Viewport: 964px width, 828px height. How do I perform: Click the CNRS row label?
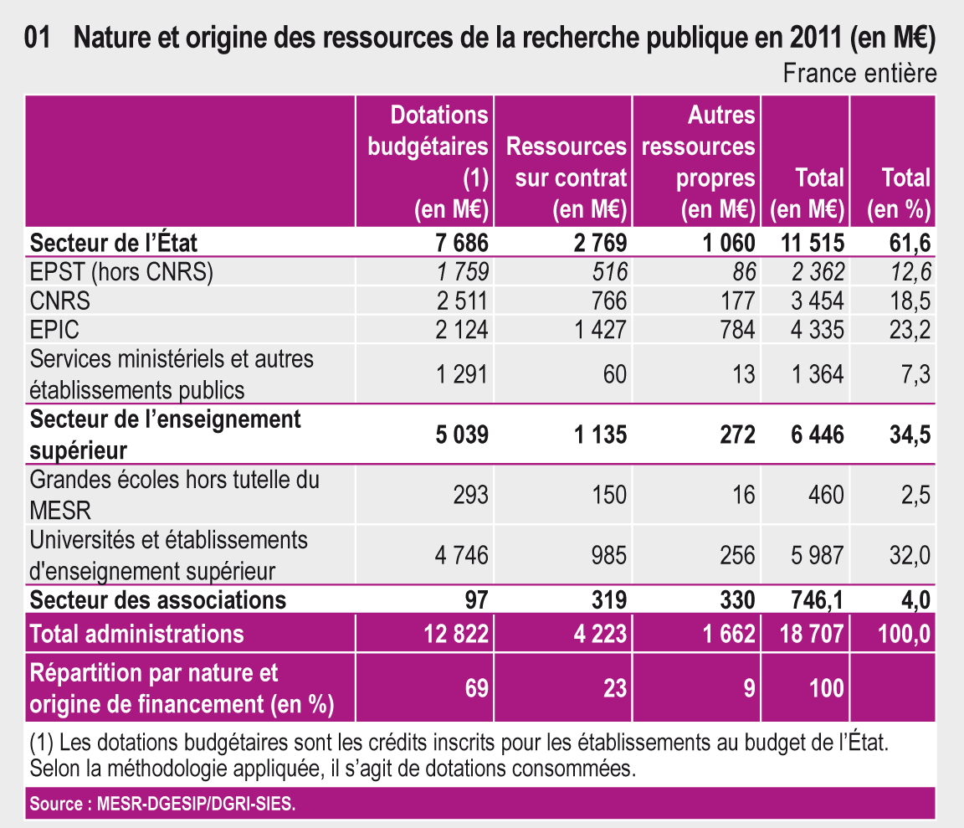point(60,300)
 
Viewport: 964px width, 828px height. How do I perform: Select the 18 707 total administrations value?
point(813,634)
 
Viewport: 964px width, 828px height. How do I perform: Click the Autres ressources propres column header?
point(699,162)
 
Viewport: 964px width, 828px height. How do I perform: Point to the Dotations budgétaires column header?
point(428,162)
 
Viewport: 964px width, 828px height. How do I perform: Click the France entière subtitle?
point(859,74)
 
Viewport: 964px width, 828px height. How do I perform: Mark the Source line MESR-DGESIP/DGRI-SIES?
point(163,805)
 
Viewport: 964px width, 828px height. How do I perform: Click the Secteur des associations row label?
point(158,599)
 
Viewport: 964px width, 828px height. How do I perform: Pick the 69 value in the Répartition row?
point(475,688)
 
